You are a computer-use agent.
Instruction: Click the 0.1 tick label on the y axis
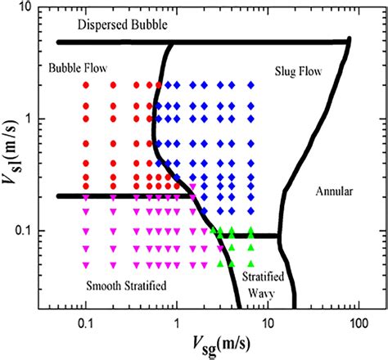tap(27, 231)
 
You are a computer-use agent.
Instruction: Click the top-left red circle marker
tap(85, 84)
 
